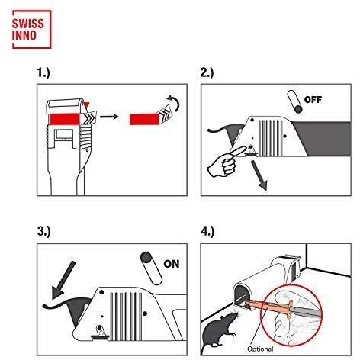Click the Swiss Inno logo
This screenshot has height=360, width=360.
tap(32, 29)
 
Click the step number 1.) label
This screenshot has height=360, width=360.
tap(43, 72)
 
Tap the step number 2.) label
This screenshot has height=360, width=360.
tap(207, 72)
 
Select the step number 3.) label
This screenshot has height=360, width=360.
tap(44, 232)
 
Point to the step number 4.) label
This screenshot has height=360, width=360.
tap(207, 232)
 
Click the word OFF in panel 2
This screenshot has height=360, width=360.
tap(313, 100)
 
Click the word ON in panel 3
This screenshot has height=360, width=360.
tap(172, 264)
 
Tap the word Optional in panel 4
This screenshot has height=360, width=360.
tap(260, 349)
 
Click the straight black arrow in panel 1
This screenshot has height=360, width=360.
tap(109, 117)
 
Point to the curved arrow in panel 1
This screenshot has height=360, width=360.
tap(174, 102)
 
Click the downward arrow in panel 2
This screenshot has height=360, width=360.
tap(259, 175)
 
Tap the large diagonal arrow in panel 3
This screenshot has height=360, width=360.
tap(63, 280)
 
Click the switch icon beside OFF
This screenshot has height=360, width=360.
tap(295, 101)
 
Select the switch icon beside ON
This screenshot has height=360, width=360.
tap(151, 268)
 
